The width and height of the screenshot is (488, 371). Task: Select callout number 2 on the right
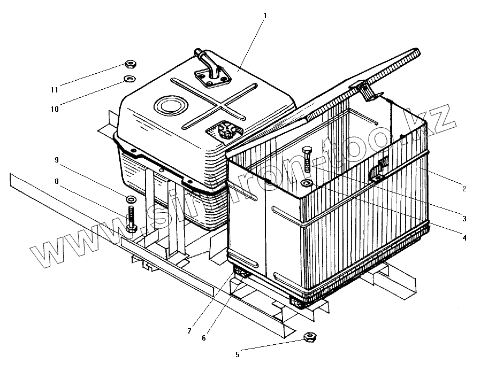pos(464,189)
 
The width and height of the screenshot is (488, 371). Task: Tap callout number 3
pos(464,218)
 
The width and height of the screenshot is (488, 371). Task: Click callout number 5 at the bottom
pos(238,353)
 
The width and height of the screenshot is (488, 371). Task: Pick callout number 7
pos(189,331)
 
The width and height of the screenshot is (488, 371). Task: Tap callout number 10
pos(55,109)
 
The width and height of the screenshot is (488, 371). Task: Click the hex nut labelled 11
pos(129,65)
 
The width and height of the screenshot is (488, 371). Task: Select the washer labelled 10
pos(128,80)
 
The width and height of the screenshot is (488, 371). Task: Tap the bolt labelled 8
pos(132,219)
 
